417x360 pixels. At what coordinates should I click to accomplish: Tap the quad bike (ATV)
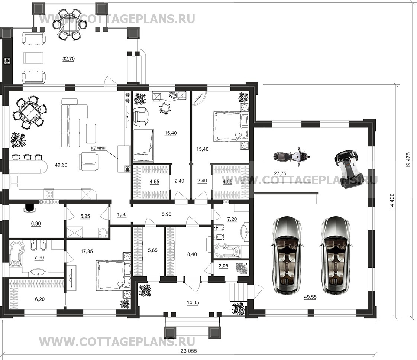coord(347,169)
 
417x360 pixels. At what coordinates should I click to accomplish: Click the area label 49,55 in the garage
coord(310,297)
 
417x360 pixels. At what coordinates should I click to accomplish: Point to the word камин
coord(98,147)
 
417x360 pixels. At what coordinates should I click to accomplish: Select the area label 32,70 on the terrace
coord(68,59)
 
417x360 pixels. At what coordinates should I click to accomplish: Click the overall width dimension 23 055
coord(189,351)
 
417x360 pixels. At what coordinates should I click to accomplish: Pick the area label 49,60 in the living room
coord(61,165)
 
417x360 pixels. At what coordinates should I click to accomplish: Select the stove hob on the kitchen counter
coord(49,194)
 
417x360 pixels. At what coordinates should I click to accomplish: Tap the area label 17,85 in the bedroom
coord(87,251)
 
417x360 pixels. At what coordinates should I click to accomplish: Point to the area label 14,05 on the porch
coord(193,302)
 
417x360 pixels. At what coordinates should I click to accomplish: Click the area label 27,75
coord(280,173)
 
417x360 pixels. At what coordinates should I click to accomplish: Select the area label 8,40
coord(192,254)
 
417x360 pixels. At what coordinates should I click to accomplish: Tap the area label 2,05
coord(223,266)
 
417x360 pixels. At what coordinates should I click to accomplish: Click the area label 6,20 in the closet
coord(40,299)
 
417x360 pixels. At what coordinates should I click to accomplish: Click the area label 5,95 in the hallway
coord(167,214)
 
